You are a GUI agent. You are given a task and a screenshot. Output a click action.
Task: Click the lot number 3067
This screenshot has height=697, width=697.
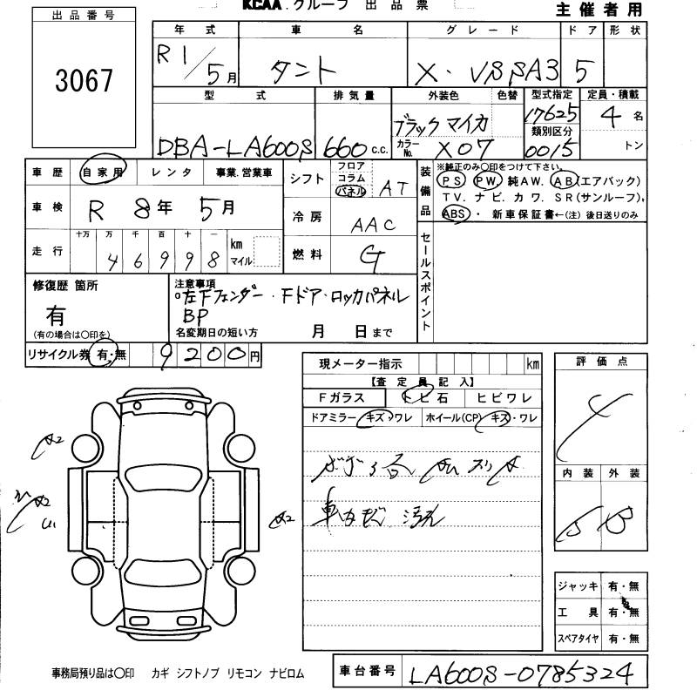click(85, 81)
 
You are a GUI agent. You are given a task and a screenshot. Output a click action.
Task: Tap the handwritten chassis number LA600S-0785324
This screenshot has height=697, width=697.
click(528, 672)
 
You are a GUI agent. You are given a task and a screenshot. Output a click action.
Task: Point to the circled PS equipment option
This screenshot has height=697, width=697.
click(451, 180)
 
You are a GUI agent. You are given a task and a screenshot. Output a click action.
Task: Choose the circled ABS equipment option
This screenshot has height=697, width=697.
click(454, 213)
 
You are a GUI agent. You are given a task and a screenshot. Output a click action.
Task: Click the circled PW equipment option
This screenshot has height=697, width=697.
click(489, 180)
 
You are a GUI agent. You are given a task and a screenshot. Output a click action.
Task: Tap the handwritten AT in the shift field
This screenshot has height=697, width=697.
click(392, 187)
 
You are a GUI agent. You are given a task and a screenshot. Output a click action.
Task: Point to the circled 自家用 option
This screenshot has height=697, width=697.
click(103, 173)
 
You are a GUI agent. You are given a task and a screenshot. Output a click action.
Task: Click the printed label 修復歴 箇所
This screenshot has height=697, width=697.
click(65, 285)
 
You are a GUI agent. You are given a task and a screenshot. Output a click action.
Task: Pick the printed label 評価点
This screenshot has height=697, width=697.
click(601, 362)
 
